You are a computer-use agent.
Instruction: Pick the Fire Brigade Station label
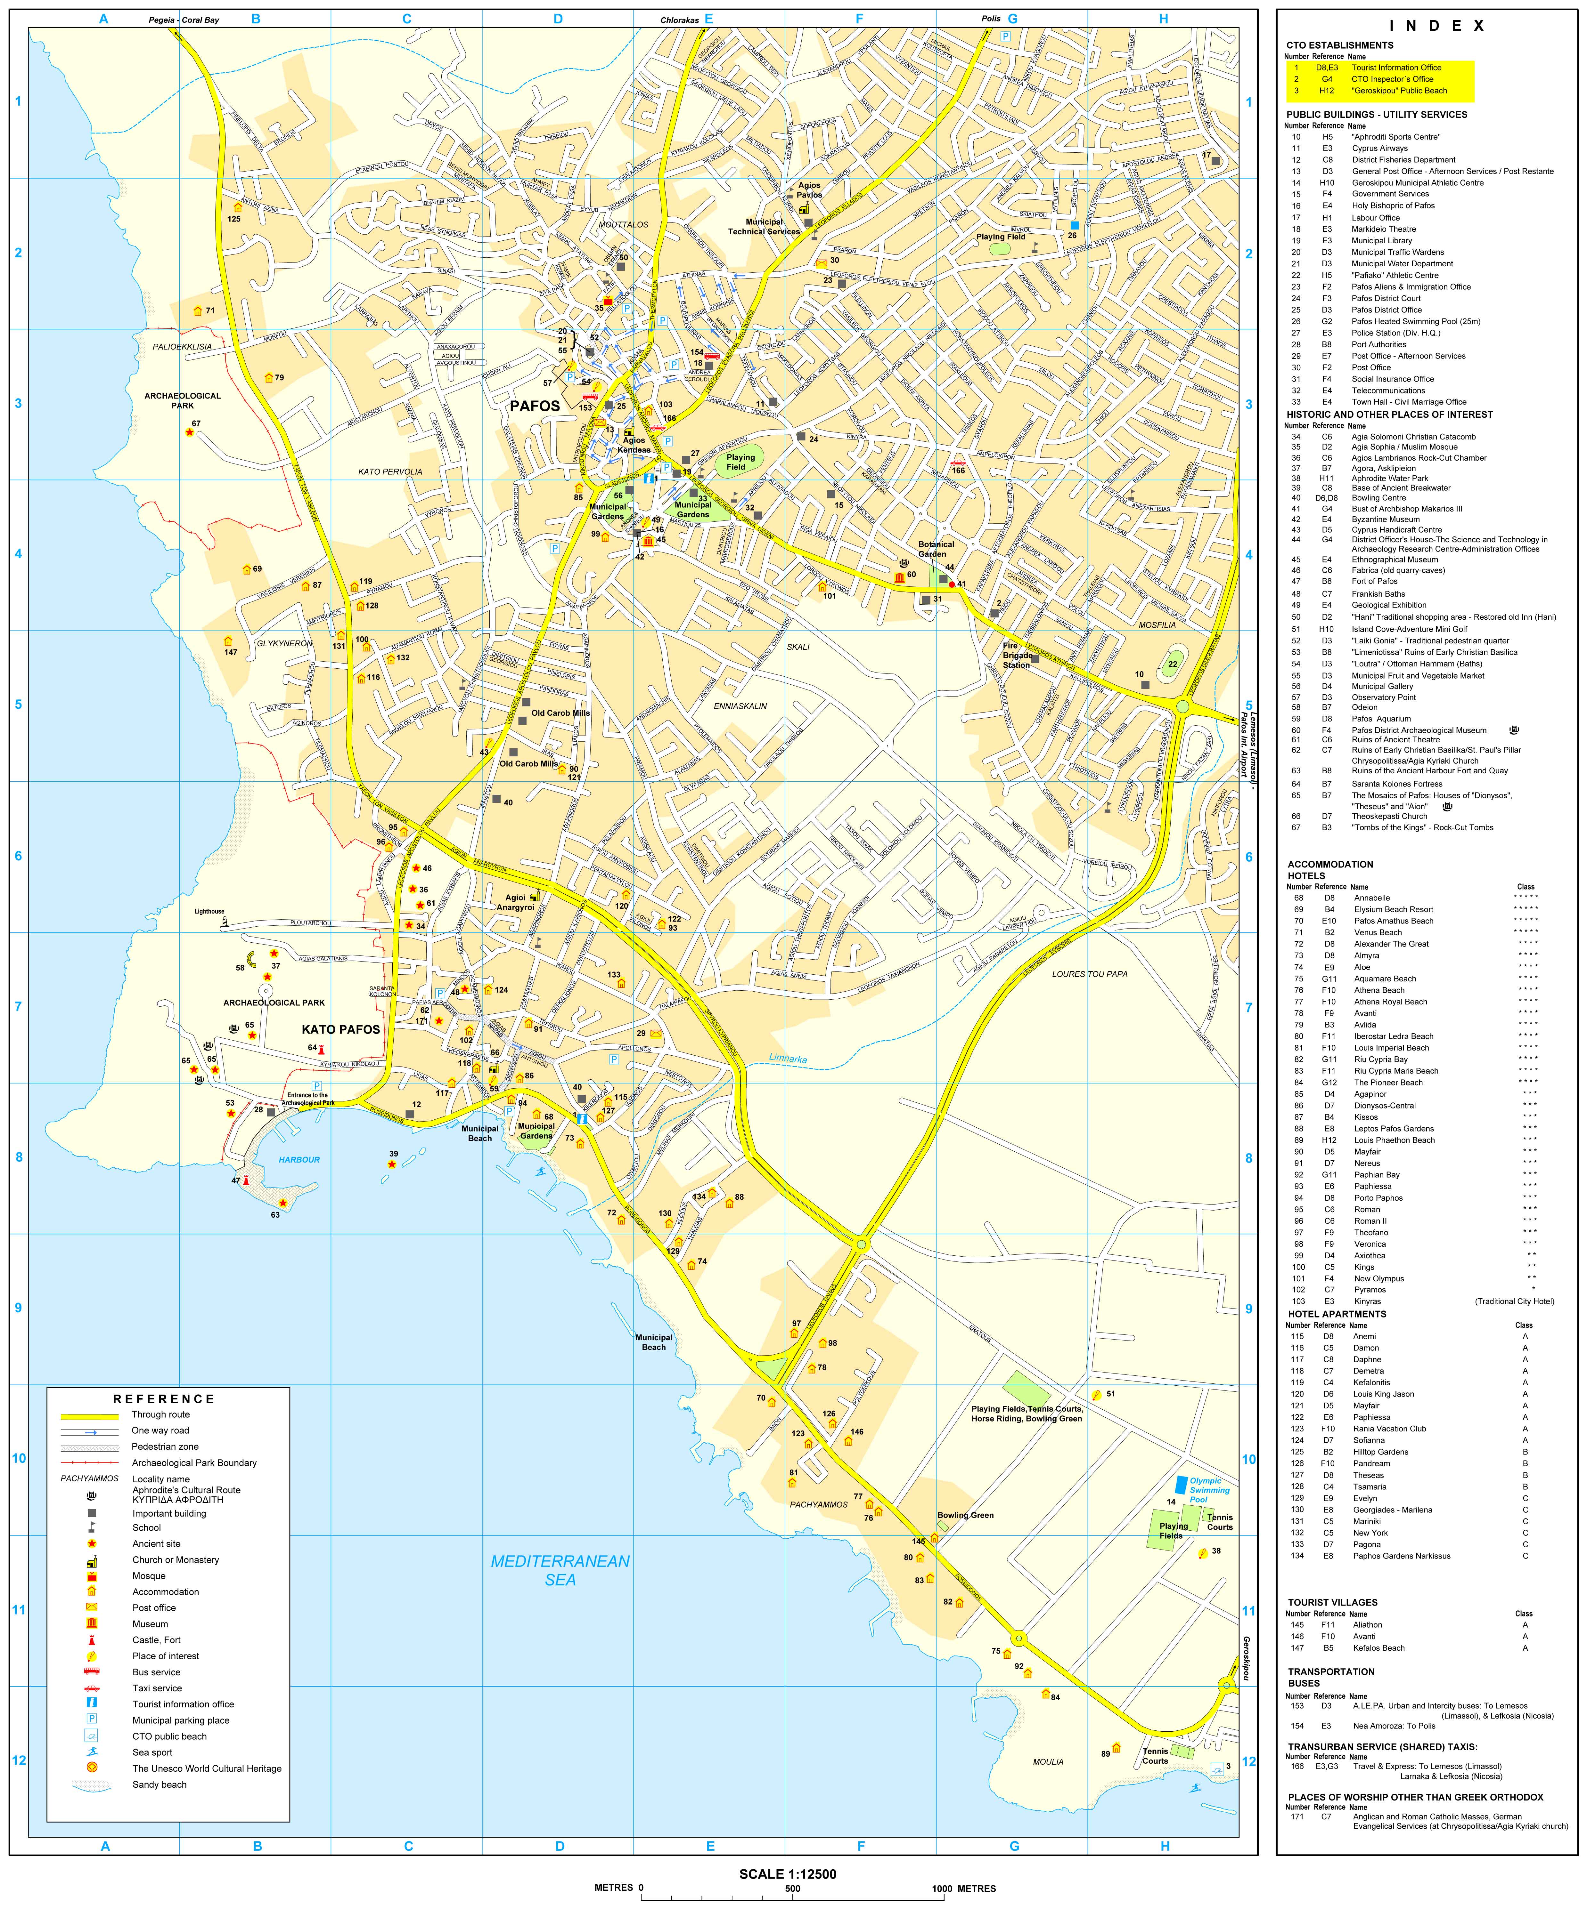(1017, 656)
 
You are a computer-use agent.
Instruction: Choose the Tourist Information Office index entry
(1396, 67)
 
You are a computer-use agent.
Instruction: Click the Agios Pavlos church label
(809, 190)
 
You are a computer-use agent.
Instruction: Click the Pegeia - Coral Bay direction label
(184, 19)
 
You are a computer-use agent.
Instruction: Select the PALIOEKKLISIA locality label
(182, 346)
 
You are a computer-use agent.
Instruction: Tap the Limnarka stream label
(788, 1059)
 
